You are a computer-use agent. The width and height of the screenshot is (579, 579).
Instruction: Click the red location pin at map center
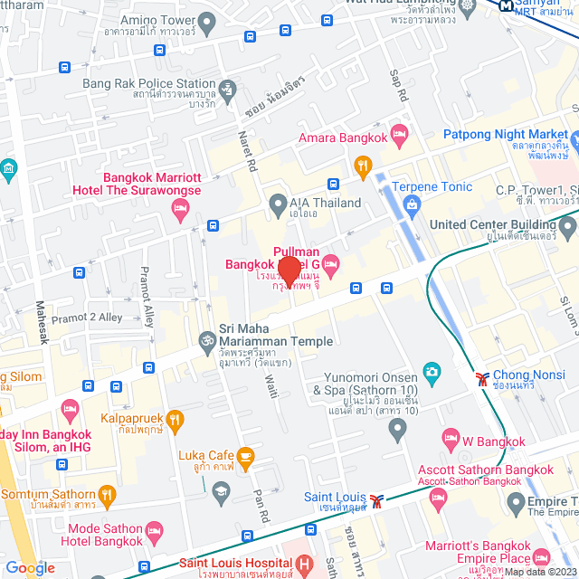289,271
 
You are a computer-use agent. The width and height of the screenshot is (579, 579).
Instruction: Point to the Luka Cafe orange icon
245,455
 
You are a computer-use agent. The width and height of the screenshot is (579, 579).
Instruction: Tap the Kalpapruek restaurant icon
175,419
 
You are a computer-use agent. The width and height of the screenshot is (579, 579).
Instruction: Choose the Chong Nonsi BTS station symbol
479,375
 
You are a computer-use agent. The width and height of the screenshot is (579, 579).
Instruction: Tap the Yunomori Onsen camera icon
432,372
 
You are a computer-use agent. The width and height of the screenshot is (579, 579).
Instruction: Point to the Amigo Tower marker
205,19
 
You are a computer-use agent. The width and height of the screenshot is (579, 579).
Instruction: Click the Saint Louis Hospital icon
302,565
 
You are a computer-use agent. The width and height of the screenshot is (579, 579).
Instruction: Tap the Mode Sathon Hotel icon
154,528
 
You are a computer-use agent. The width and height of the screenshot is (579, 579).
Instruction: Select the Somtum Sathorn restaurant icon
107,494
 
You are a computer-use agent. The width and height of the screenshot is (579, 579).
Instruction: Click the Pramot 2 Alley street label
86,318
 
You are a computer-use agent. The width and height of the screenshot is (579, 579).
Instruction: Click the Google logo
30,567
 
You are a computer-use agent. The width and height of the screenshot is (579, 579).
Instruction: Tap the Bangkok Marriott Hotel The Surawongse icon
179,210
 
